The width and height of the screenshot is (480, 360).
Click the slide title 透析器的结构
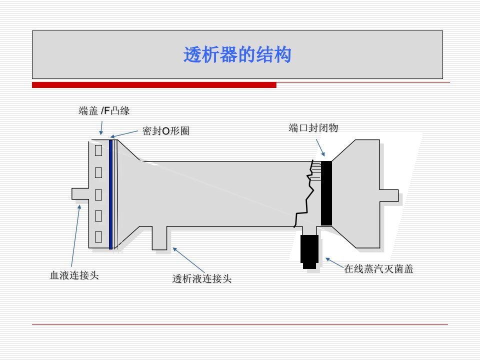click(x=237, y=55)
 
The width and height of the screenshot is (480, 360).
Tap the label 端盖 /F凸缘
click(x=104, y=110)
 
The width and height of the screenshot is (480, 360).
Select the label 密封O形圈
click(x=165, y=131)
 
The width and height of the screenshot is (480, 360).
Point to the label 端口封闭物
click(x=313, y=127)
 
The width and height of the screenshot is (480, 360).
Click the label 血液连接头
click(x=74, y=275)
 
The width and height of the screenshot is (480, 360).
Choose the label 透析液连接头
click(x=202, y=278)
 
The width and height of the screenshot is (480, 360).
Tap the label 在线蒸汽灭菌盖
click(x=378, y=269)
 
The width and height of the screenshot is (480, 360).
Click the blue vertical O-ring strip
click(x=111, y=194)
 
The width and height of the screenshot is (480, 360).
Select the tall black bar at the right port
click(x=326, y=193)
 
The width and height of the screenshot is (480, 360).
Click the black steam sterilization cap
click(x=309, y=251)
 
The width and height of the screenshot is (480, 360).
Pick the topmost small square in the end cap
click(x=98, y=150)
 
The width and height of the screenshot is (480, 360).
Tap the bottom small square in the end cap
click(x=98, y=237)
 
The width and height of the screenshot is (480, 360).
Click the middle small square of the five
click(x=98, y=194)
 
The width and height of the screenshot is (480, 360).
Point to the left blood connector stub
click(x=80, y=194)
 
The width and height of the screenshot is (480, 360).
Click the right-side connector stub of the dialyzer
click(x=389, y=195)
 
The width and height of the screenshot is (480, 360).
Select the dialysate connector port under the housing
click(x=159, y=238)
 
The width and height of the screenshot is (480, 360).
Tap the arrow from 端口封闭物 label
click(x=320, y=148)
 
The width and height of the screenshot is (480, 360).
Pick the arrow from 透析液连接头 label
click(x=188, y=260)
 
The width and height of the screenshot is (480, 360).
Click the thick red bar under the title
click(x=154, y=85)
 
